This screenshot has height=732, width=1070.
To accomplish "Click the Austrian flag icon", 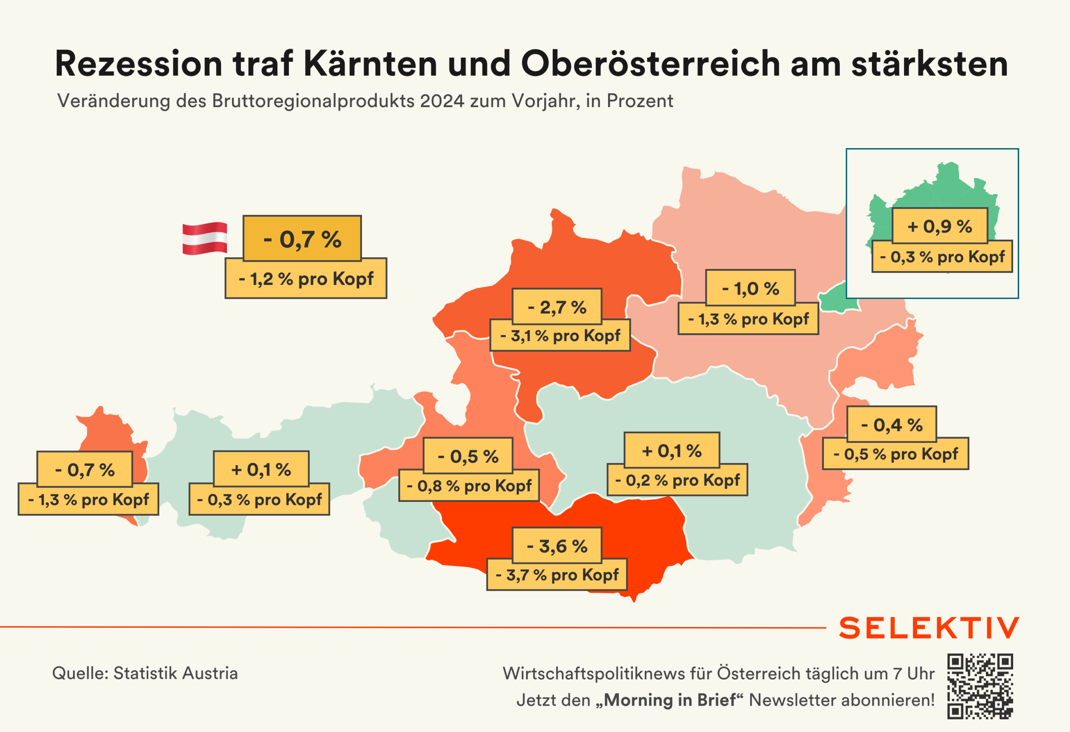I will coord(204,238).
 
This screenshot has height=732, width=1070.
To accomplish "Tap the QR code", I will coord(980,686).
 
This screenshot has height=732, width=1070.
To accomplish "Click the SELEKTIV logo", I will coord(929,628).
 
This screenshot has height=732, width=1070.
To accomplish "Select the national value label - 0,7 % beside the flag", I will coord(302,238).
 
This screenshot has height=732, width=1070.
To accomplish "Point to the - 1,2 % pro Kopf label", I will coord(306,279).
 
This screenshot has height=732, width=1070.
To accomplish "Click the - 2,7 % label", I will coord(557,307).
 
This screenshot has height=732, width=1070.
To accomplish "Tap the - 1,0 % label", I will coord(751,288).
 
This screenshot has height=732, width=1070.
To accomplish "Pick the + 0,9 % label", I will coord(940,226).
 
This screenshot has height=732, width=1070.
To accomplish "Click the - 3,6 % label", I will coord(557,546).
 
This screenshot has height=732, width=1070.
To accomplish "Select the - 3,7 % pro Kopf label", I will coord(557,575).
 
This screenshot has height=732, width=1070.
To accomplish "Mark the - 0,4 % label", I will coord(892,424).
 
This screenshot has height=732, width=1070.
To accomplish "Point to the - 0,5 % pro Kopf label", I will coord(896,454).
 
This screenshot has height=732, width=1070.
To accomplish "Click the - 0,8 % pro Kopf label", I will coord(469,486).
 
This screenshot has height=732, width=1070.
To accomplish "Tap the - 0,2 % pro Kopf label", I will coord(677,480).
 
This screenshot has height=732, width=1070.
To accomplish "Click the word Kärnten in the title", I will coord(370,64).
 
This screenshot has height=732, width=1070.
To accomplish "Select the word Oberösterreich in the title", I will coord(650,64).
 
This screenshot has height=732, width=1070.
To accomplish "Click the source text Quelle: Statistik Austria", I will coord(145,673).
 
